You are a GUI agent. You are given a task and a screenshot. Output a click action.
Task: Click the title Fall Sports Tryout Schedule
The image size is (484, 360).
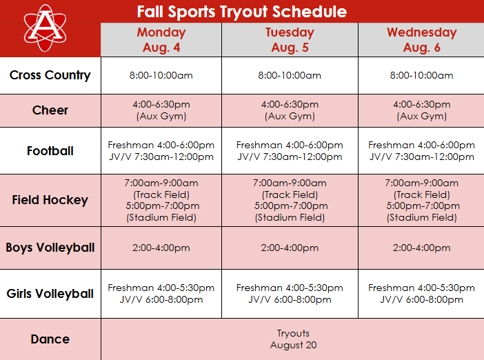click(241, 12)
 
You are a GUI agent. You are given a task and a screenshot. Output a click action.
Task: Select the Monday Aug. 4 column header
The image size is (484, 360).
click(161, 40)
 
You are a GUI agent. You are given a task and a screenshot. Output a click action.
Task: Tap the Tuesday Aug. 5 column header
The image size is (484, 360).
click(290, 40)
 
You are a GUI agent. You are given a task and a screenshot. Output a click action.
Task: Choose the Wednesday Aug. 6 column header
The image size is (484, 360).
click(421, 40)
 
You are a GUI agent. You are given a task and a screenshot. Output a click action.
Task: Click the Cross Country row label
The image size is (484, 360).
click(50, 75)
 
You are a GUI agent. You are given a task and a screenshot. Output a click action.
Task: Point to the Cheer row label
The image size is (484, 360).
click(50, 110)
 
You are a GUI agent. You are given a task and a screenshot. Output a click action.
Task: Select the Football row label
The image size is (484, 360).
click(50, 150)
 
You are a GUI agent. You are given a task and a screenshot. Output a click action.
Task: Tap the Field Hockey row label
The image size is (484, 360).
click(50, 200)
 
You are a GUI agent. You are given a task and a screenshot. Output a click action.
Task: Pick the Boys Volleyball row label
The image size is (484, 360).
click(50, 248)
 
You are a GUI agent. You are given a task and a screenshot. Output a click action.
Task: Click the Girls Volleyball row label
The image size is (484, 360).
click(50, 294)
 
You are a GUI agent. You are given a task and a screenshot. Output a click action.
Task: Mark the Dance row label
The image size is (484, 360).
click(50, 339)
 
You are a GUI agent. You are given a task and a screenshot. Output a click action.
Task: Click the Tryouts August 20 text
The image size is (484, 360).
click(293, 339)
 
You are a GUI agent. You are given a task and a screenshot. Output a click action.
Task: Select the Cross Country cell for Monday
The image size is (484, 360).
click(161, 76)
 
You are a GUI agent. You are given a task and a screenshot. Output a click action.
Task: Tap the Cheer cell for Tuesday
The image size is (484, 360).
click(290, 110)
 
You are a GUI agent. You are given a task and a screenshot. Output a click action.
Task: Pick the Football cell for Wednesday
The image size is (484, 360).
click(421, 151)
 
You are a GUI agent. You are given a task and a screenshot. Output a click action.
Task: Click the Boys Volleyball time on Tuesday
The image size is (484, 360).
click(290, 248)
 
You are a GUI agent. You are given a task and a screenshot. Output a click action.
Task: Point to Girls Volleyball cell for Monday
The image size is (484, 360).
click(161, 294)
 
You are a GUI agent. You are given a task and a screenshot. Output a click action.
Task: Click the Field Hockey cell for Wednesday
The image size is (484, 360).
click(421, 200)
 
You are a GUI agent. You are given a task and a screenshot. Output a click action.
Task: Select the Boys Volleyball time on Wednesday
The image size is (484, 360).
click(421, 248)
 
